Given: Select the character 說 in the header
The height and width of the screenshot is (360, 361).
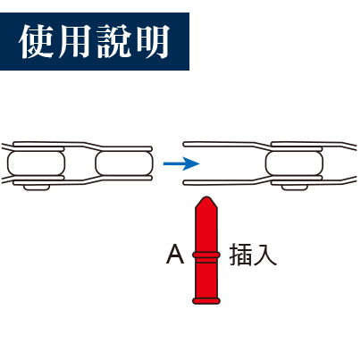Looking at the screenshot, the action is pos(114,41).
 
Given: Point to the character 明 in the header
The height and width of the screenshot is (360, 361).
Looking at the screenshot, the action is pos(152,41).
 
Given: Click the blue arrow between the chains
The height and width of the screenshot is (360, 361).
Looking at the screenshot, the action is pos(181,163).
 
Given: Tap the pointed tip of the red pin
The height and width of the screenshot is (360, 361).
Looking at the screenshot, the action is pos(206,197).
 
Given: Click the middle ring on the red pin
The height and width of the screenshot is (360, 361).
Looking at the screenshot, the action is pos(206,255).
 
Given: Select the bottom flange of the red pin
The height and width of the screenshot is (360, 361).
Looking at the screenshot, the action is pos(206,300).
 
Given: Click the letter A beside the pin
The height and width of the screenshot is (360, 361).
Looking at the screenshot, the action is pos(175,254).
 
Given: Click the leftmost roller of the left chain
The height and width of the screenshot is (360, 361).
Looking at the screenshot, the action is pos(36,163).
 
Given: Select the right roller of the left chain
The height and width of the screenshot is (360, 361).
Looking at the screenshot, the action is pos(124,163).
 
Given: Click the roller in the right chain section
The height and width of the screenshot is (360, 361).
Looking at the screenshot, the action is pos(294,163).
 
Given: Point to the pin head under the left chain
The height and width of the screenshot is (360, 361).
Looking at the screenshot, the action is pos(37,188).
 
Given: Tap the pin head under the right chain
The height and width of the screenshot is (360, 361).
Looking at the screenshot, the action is pos(294,188).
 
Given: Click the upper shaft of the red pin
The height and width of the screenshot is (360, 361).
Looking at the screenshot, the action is pos(206,230).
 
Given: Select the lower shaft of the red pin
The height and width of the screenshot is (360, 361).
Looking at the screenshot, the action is pos(206,278).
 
